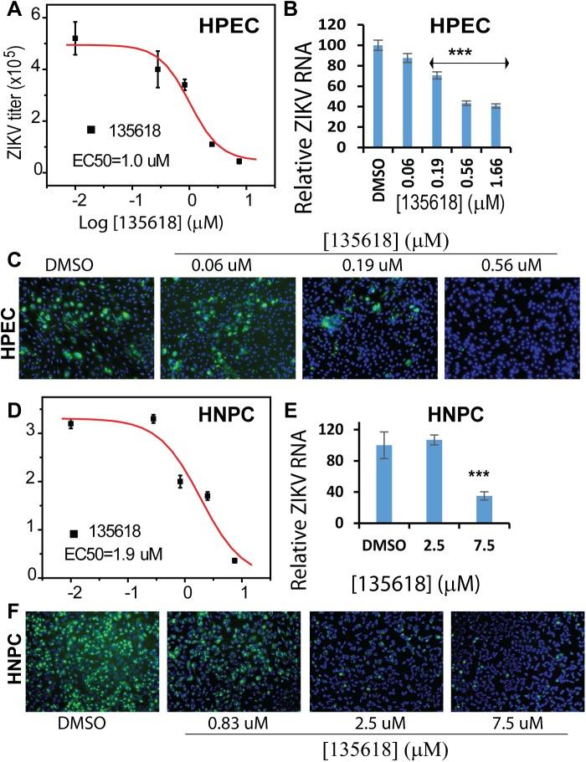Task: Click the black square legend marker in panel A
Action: tap(91, 129)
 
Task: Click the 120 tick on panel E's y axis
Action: tap(339, 429)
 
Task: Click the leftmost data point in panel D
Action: tap(71, 425)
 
